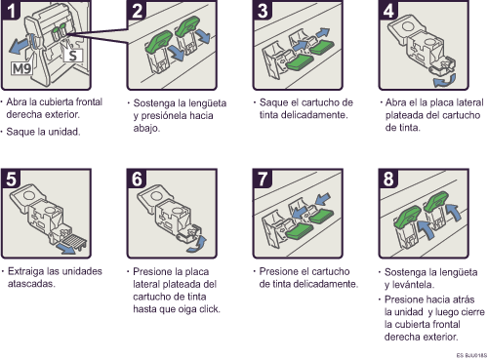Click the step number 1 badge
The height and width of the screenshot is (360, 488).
(x=11, y=10)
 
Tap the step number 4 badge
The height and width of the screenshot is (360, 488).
(x=388, y=10)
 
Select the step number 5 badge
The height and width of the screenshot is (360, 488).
(x=11, y=179)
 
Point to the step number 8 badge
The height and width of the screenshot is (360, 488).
(x=388, y=179)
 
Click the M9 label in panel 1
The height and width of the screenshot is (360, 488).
(x=21, y=68)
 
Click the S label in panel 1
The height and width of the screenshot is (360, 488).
(x=73, y=56)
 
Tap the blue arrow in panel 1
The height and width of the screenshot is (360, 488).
(x=20, y=46)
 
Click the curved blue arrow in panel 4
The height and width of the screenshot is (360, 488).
(x=445, y=80)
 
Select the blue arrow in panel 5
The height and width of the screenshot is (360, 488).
(x=67, y=249)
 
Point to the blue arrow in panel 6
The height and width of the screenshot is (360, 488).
(x=198, y=245)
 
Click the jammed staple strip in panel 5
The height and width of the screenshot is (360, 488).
(x=74, y=242)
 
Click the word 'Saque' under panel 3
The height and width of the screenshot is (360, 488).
(x=273, y=102)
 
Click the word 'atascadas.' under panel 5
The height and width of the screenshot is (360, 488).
(x=31, y=284)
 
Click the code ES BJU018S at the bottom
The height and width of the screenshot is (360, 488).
(x=471, y=355)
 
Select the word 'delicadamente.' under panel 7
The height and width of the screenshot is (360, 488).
(x=326, y=284)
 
